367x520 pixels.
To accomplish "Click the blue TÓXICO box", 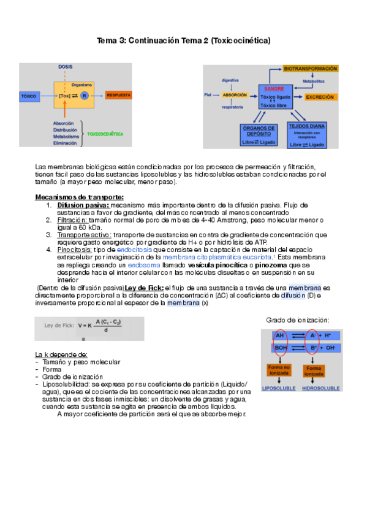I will tap(29, 96).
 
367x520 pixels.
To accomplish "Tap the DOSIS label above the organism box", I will tap(66, 66).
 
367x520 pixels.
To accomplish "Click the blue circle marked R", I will tap(85, 96).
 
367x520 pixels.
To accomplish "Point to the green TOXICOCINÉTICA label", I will tap(105, 133).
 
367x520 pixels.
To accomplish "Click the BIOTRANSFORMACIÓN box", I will tap(311, 69).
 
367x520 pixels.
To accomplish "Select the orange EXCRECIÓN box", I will tap(319, 97).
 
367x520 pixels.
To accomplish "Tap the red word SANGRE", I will tap(273, 88).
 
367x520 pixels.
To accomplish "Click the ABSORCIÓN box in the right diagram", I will tap(235, 96).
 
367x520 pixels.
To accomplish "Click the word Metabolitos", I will tap(313, 80).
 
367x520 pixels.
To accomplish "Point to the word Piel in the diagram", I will tap(208, 96).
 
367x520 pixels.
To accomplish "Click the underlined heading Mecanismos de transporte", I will tap(79, 197).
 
